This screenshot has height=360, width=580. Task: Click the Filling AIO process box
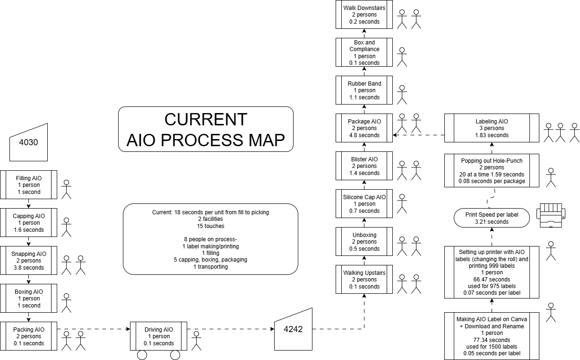28,185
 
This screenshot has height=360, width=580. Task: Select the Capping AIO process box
28,223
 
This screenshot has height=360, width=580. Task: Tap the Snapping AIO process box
28,261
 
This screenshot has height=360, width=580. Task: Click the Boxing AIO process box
28,299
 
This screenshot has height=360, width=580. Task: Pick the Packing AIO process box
28,336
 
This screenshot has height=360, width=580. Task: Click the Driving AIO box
158,336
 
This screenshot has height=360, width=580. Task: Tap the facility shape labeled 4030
29,142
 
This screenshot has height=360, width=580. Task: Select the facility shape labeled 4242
293,329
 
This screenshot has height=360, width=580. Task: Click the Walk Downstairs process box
364,15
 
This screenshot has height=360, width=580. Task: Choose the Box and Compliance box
364,53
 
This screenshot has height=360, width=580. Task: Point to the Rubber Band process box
364,90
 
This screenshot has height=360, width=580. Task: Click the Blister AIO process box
364,166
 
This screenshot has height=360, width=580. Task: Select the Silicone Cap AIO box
364,204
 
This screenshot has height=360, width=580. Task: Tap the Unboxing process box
364,242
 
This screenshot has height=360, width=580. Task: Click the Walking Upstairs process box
364,280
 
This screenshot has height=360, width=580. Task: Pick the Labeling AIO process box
492,128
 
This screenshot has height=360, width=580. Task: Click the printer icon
551,215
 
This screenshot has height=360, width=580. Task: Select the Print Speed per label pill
492,218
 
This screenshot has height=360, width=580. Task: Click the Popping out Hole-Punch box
492,171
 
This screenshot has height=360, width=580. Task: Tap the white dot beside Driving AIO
196,334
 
